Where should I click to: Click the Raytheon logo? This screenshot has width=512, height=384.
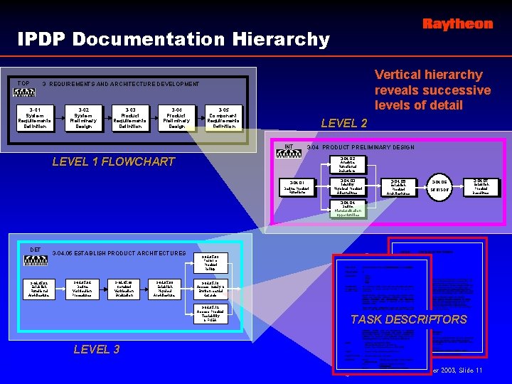click(457, 24)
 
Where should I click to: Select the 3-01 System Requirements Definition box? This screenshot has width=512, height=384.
click(34, 117)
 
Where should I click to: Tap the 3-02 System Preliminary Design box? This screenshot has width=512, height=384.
click(83, 117)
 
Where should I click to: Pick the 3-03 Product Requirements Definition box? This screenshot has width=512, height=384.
click(129, 117)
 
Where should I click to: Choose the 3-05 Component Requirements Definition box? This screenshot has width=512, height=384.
click(223, 117)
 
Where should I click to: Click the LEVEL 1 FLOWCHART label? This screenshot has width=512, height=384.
click(114, 161)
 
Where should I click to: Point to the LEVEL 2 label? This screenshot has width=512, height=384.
click(344, 123)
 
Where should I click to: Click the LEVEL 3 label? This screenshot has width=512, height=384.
click(97, 349)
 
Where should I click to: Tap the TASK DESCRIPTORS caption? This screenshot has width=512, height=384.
click(409, 319)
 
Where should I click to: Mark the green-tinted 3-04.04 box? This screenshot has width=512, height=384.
click(348, 209)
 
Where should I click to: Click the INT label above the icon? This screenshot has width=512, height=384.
click(289, 147)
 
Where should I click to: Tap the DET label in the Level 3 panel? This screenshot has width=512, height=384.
click(36, 249)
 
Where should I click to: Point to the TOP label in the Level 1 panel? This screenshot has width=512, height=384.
click(23, 83)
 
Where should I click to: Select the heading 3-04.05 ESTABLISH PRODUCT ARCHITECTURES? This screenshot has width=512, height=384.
click(119, 253)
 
